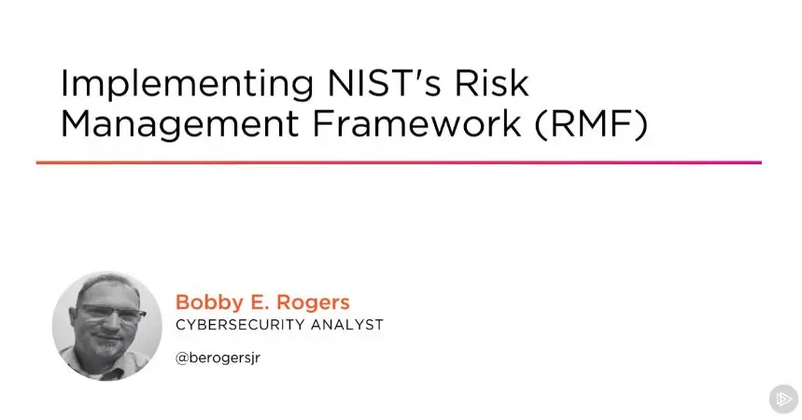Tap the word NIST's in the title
(384, 82)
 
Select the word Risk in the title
(491, 82)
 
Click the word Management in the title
(179, 124)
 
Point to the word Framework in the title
(416, 123)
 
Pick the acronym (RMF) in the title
(591, 124)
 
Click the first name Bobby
(209, 302)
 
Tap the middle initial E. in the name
(259, 301)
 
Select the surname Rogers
(314, 302)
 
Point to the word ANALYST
(347, 325)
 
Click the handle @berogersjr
(218, 358)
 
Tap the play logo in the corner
(783, 399)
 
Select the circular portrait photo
(106, 326)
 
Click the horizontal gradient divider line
(399, 162)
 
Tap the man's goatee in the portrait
(106, 347)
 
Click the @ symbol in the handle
(181, 358)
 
